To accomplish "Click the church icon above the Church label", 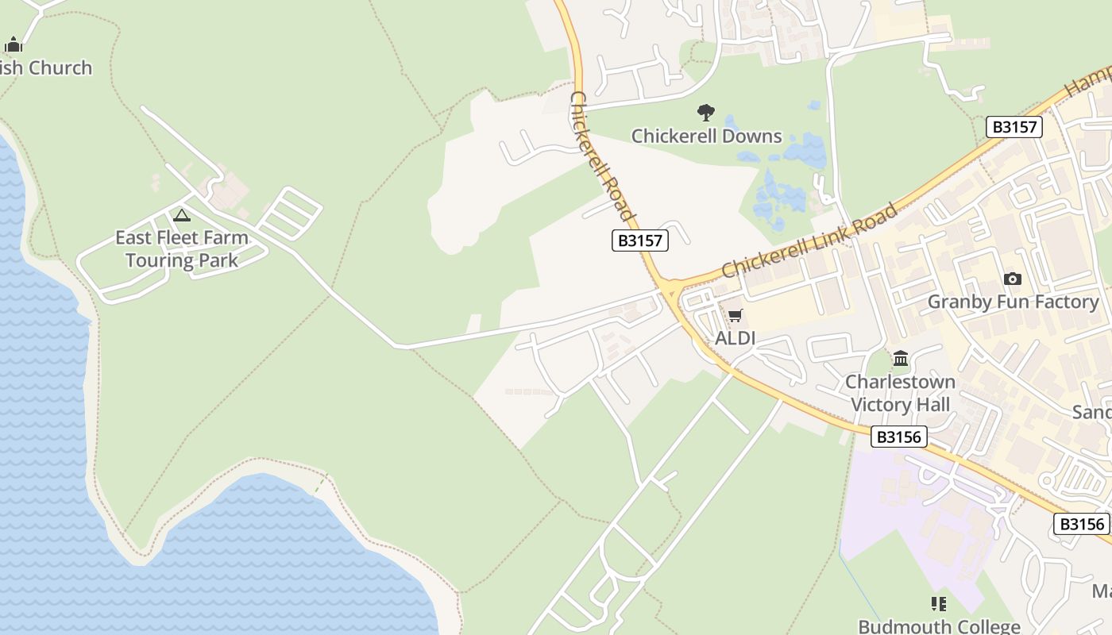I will tap(14, 44).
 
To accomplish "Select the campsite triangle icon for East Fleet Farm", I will tap(182, 215).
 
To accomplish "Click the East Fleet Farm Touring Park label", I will tap(181, 248).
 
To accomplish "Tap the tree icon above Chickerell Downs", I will tap(705, 113).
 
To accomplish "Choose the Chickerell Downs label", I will tap(706, 137).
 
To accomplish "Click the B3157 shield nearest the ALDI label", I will tap(639, 241).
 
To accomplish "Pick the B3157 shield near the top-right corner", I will tap(1014, 127).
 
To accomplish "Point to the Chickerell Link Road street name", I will tap(810, 241).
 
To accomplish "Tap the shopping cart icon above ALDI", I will tap(736, 315).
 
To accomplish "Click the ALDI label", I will tap(735, 339).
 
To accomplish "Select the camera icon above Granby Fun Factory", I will tap(1012, 279).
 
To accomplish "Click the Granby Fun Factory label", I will tap(1013, 302).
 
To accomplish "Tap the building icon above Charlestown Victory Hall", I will tap(900, 359).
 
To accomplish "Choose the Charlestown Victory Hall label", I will tap(900, 394).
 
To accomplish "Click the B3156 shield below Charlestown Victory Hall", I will tap(898, 437).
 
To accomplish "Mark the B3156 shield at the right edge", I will tap(1081, 524).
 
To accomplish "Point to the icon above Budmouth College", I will tap(939, 604).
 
